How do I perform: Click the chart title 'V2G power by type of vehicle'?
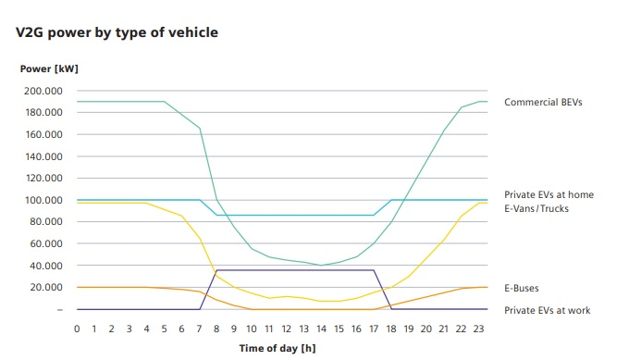coord(117,33)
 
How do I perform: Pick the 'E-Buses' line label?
coord(522,288)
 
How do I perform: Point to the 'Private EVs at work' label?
coord(548,310)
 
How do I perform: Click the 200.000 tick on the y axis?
coord(43,91)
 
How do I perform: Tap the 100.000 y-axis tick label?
coord(43,200)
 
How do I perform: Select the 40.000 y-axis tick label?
coord(45,266)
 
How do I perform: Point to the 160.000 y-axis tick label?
coord(43,134)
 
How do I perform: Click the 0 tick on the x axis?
coord(77,329)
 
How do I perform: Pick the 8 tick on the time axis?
coord(216,329)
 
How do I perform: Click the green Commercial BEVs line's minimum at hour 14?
coord(321,266)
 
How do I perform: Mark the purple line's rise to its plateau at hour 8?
coord(216,270)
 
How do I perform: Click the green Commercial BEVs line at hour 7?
coord(199,128)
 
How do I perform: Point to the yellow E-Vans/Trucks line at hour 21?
coord(443,241)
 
